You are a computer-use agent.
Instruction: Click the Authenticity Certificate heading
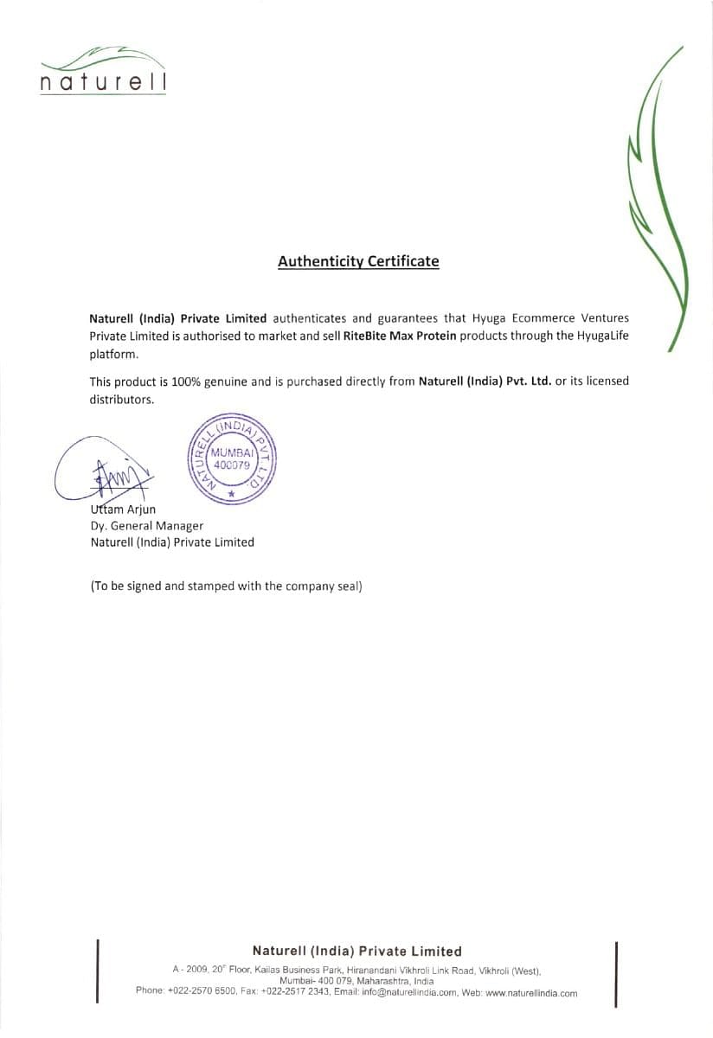click(358, 261)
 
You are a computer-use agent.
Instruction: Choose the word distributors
click(121, 399)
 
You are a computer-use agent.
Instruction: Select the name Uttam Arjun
click(123, 509)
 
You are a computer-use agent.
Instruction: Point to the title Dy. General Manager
click(147, 526)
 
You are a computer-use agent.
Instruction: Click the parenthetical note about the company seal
click(226, 586)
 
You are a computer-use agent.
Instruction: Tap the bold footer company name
click(356, 951)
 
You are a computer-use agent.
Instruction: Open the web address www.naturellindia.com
click(531, 993)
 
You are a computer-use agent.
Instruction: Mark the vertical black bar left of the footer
click(98, 971)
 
